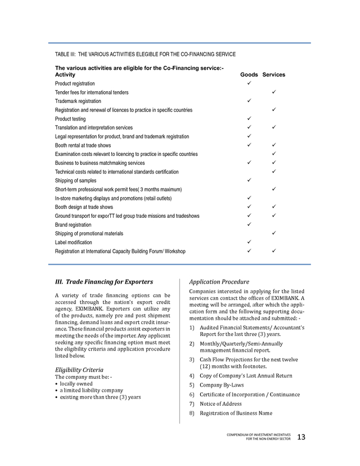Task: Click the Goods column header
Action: [249, 74]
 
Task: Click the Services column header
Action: [274, 74]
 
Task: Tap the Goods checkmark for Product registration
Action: [249, 83]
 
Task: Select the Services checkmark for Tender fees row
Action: [273, 92]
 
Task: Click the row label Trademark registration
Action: [78, 101]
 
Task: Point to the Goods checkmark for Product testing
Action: [249, 119]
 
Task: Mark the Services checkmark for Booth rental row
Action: [273, 145]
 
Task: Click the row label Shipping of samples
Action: [76, 180]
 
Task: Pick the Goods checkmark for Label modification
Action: [249, 242]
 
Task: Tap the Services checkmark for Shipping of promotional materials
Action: [273, 233]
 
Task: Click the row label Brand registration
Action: [73, 225]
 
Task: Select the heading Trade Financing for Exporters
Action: [103, 281]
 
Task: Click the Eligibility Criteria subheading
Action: [79, 370]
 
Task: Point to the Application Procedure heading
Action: [219, 281]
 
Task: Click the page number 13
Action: [301, 437]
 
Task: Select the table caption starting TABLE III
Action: [145, 54]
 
